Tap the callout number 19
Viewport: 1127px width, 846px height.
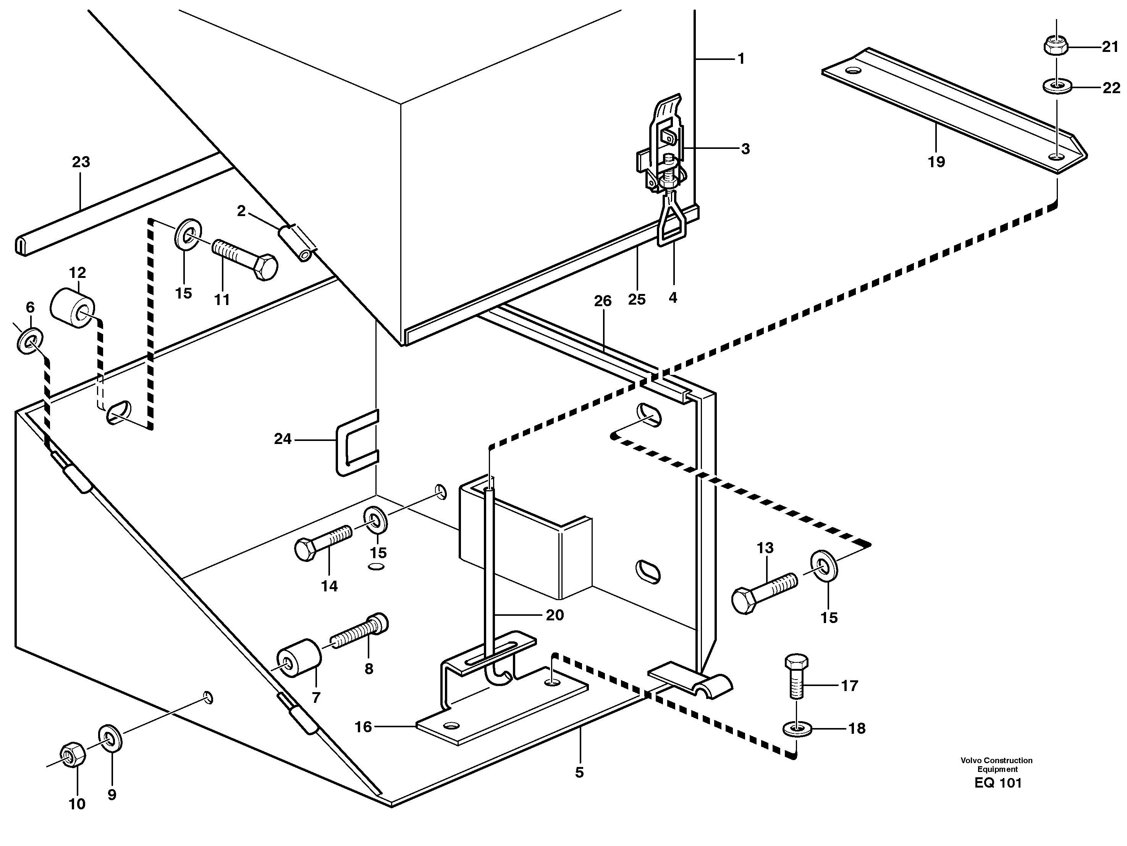coord(936,162)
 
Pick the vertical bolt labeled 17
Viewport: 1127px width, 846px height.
coord(796,675)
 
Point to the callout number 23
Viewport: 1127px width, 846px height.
coord(81,162)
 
